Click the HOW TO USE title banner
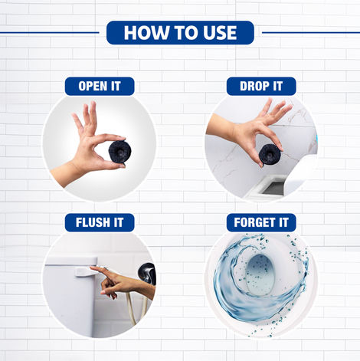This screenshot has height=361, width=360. tap(180, 32)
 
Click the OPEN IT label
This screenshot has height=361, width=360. tap(99, 86)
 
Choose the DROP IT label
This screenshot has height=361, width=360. tap(261, 86)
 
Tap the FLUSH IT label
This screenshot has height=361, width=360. tap(99, 222)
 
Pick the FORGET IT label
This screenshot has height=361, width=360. tap(261, 222)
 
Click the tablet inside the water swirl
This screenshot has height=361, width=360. tap(261, 273)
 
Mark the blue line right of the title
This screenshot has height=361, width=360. tap(309, 32)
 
